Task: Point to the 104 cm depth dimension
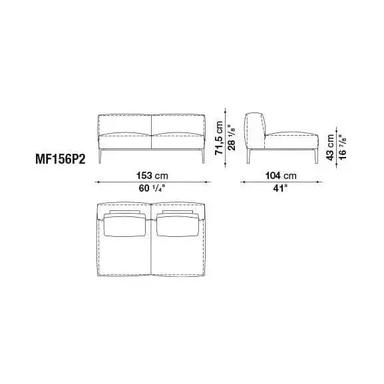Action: pos(280,175)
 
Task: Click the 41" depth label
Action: pos(280,188)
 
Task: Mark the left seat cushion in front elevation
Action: pos(126,141)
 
